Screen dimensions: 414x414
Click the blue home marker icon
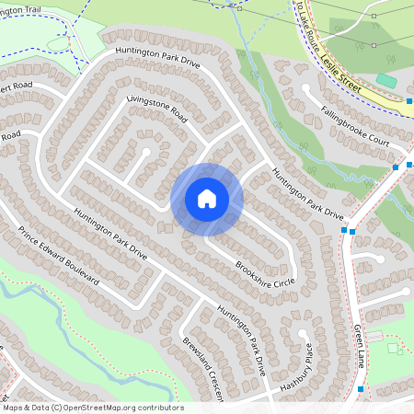(207, 198)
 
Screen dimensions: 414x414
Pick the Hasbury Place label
(297, 369)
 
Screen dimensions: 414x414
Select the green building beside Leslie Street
(386, 81)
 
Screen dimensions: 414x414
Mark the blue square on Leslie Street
(410, 100)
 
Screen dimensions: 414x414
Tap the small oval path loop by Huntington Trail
(57, 42)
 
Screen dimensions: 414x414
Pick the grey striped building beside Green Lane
(395, 348)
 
